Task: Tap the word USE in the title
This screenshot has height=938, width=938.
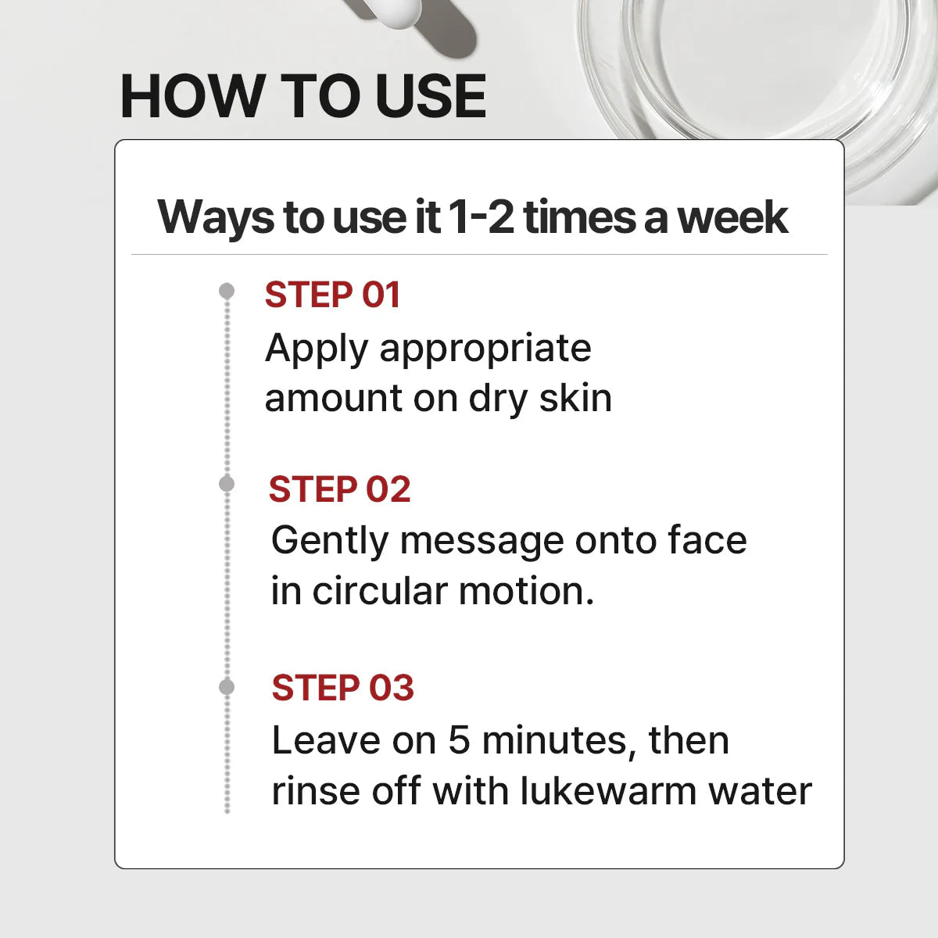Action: coord(431,95)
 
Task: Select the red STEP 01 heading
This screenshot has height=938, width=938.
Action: coord(332,295)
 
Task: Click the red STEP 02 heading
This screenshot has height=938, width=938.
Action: coord(340,489)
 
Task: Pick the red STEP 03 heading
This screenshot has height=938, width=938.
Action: coord(342,688)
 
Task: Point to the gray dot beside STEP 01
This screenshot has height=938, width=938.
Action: coord(227,291)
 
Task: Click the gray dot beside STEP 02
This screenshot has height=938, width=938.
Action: coord(227,484)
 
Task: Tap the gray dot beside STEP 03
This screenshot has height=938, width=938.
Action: coord(227,687)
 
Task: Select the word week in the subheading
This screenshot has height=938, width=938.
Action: coord(733,217)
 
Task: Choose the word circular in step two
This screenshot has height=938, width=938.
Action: coord(380,592)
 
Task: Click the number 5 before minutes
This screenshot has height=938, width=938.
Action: coord(460,741)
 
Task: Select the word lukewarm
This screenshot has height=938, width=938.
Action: coord(608,791)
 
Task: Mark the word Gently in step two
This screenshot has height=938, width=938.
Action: coord(330,541)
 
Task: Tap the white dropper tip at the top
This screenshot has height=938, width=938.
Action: coord(397,13)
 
